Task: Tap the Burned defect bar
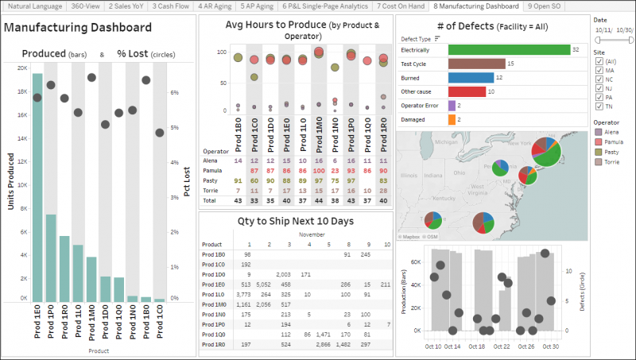click(471, 77)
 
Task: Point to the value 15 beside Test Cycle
click(510, 64)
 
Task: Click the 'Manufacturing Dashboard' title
click(78, 28)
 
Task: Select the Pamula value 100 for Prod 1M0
click(318, 171)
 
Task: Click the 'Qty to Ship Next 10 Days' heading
click(296, 221)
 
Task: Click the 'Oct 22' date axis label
click(502, 346)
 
